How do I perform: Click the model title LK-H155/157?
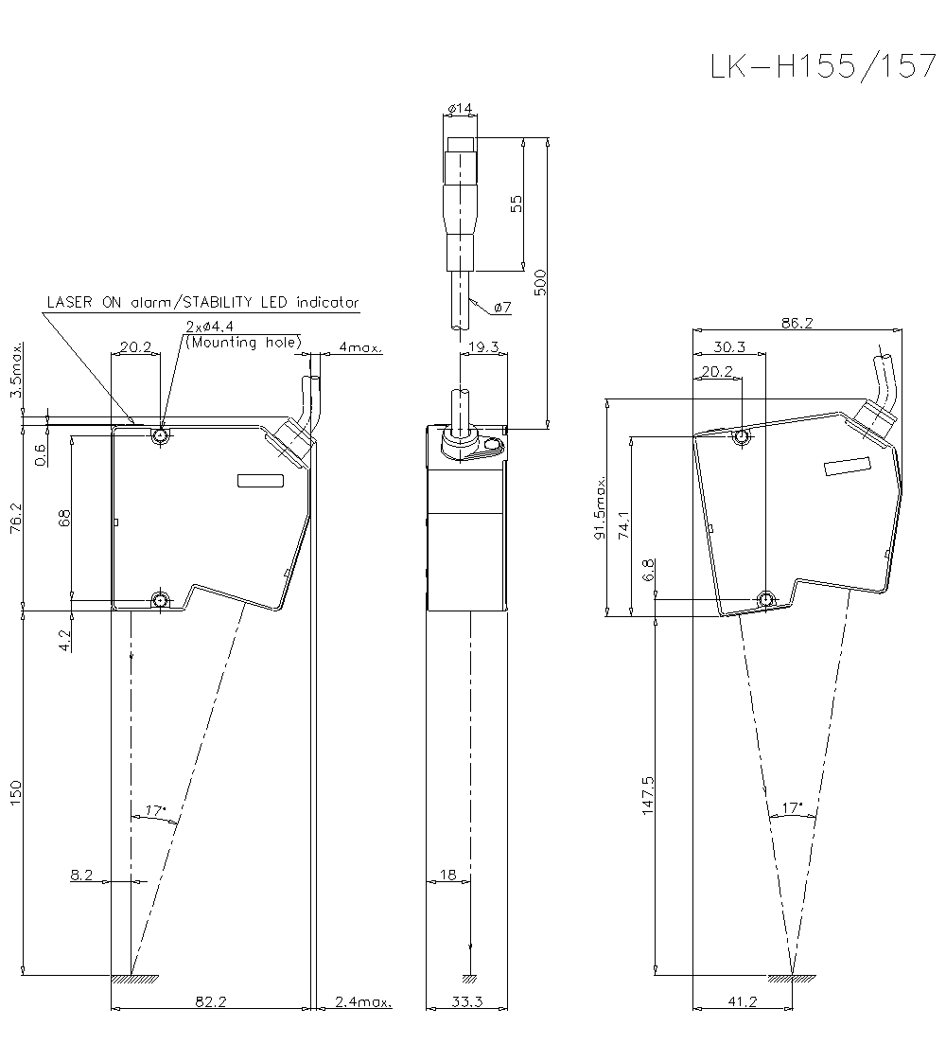coord(822,67)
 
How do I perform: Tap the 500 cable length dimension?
coord(539,282)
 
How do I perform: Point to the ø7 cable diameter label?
coord(502,308)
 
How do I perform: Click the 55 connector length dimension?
coord(516,204)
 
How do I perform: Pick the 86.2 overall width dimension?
coord(797,323)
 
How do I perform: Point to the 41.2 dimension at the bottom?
coord(743,1001)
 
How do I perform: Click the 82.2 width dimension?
coord(211,1001)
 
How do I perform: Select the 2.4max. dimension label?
coord(364,1001)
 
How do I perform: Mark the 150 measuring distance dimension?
coord(14,793)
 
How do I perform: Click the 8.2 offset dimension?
coord(81,876)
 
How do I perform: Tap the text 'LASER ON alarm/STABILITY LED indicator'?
coord(203,303)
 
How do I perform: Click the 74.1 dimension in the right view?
coord(623,526)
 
